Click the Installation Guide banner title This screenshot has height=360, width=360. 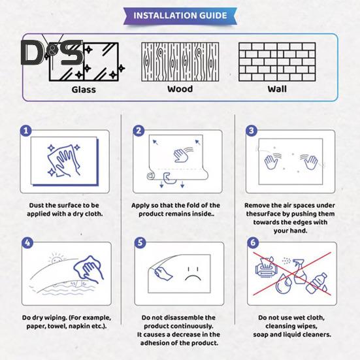180,16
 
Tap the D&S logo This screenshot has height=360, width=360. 52,52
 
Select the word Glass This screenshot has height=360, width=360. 84,90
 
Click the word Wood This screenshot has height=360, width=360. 180,89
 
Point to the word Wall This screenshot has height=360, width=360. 277,89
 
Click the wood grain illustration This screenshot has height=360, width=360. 180,62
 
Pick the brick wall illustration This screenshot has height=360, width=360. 277,62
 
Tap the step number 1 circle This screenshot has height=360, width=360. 26,131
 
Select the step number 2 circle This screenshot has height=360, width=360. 139,131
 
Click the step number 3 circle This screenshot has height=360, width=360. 252,131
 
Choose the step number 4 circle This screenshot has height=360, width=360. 27,242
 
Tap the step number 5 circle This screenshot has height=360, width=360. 140,242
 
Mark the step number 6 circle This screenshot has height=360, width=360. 253,242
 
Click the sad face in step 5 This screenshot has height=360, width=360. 193,274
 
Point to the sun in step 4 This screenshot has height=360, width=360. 56,259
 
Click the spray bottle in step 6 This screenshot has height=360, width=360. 299,272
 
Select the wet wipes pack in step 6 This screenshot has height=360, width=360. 266,267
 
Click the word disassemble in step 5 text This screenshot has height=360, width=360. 180,318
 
